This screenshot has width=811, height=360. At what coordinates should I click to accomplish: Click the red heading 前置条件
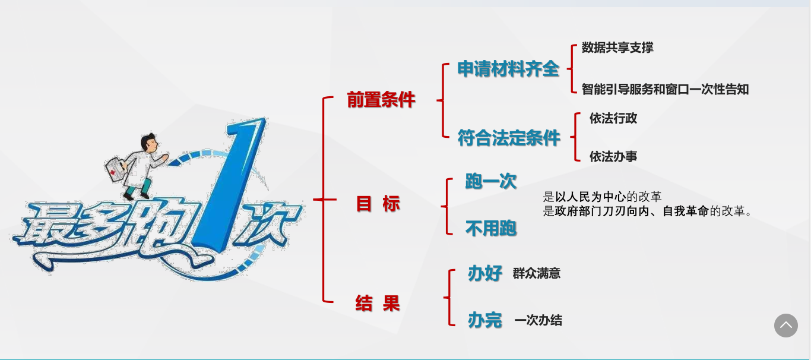coord(381,100)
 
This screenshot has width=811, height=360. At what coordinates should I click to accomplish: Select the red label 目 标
coord(378,204)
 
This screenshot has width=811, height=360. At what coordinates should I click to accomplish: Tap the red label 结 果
coord(378,303)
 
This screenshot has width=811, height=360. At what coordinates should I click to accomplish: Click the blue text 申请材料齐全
coord(508,69)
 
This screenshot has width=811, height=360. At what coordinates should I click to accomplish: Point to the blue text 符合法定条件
coord(509,138)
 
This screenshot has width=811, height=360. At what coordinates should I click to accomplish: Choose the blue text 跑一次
coord(490,181)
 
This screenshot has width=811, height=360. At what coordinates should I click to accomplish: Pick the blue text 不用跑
coord(490,229)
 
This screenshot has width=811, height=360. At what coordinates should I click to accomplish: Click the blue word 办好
coord(485,273)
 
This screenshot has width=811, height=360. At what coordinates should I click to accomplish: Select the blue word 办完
coord(485,320)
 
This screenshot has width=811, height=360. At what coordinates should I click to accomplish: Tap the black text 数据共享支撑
coord(617,48)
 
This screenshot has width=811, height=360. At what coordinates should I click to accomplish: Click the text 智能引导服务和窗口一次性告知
coord(665,89)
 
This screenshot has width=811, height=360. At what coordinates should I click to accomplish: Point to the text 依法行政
coord(613,118)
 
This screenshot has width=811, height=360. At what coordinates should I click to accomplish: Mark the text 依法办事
coord(613,156)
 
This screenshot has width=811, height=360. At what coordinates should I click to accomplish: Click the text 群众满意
coord(537,273)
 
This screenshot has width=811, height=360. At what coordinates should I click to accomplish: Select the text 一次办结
coord(538,321)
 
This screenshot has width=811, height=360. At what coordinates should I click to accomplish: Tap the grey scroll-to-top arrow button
coord(785,325)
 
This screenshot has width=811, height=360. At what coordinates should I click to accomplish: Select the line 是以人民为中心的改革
coord(602,197)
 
